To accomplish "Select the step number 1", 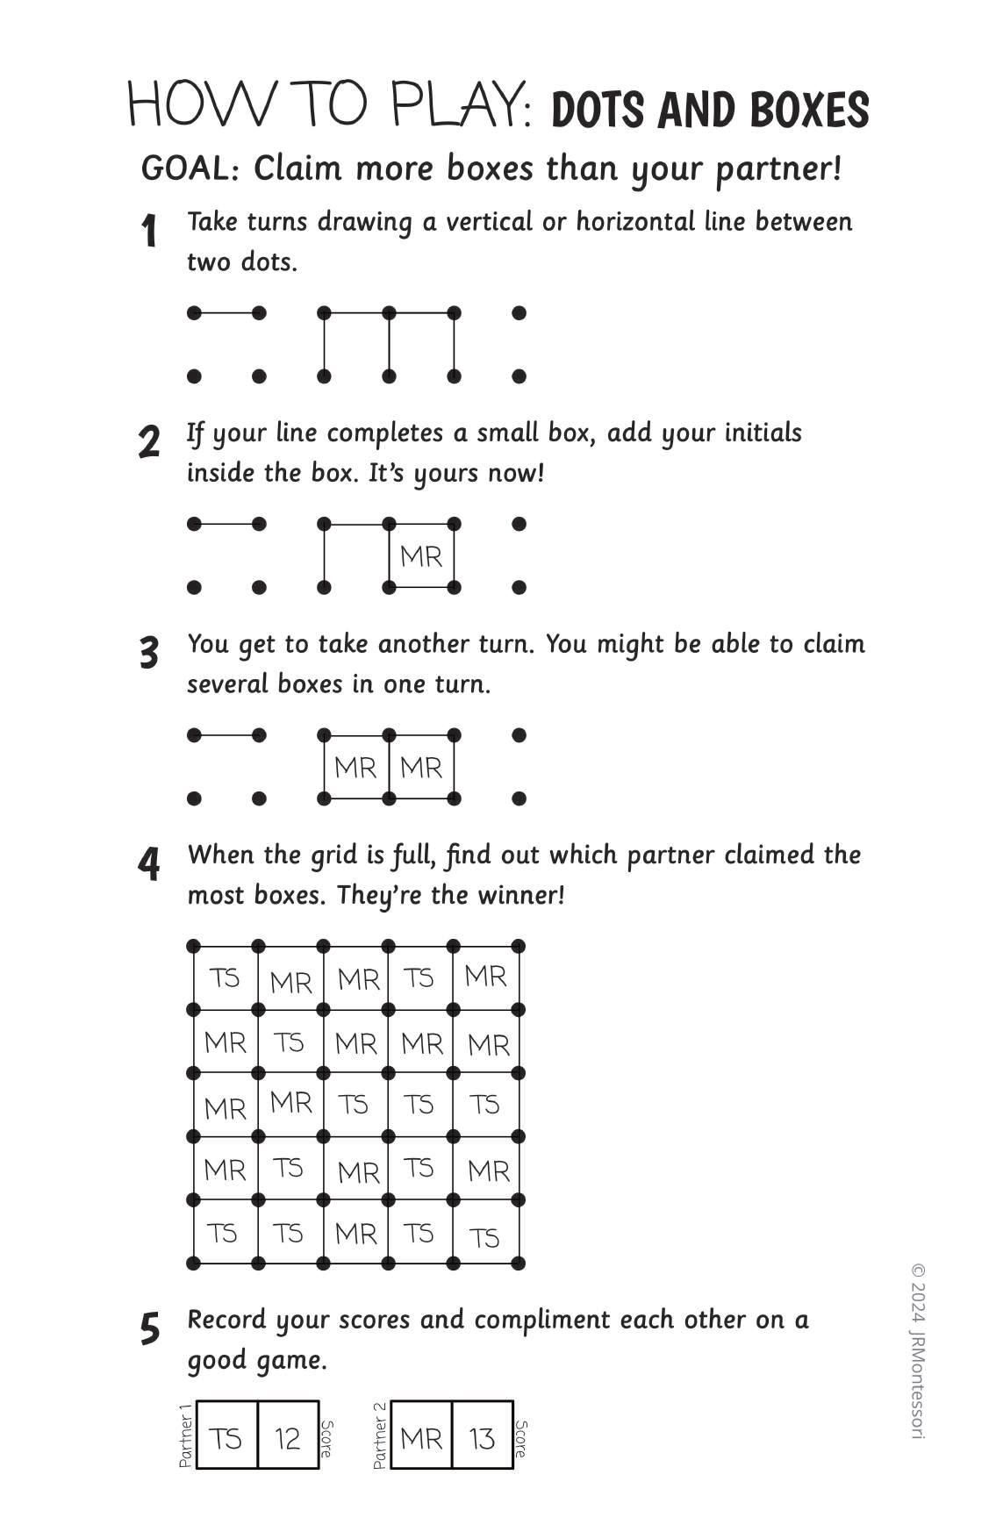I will [x=149, y=232].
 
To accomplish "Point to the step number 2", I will [x=149, y=442].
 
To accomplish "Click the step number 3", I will [x=149, y=654].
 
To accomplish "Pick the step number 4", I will [x=149, y=864].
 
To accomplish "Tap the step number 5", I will [x=150, y=1329].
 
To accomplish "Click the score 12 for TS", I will [x=288, y=1438].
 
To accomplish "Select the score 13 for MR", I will [x=483, y=1438].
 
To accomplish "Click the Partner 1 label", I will [x=185, y=1436].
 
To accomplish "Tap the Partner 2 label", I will [x=380, y=1436].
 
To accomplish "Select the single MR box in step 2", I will [x=421, y=556].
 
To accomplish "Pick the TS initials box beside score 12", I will [x=226, y=1438].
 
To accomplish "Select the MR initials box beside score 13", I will [x=421, y=1438].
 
